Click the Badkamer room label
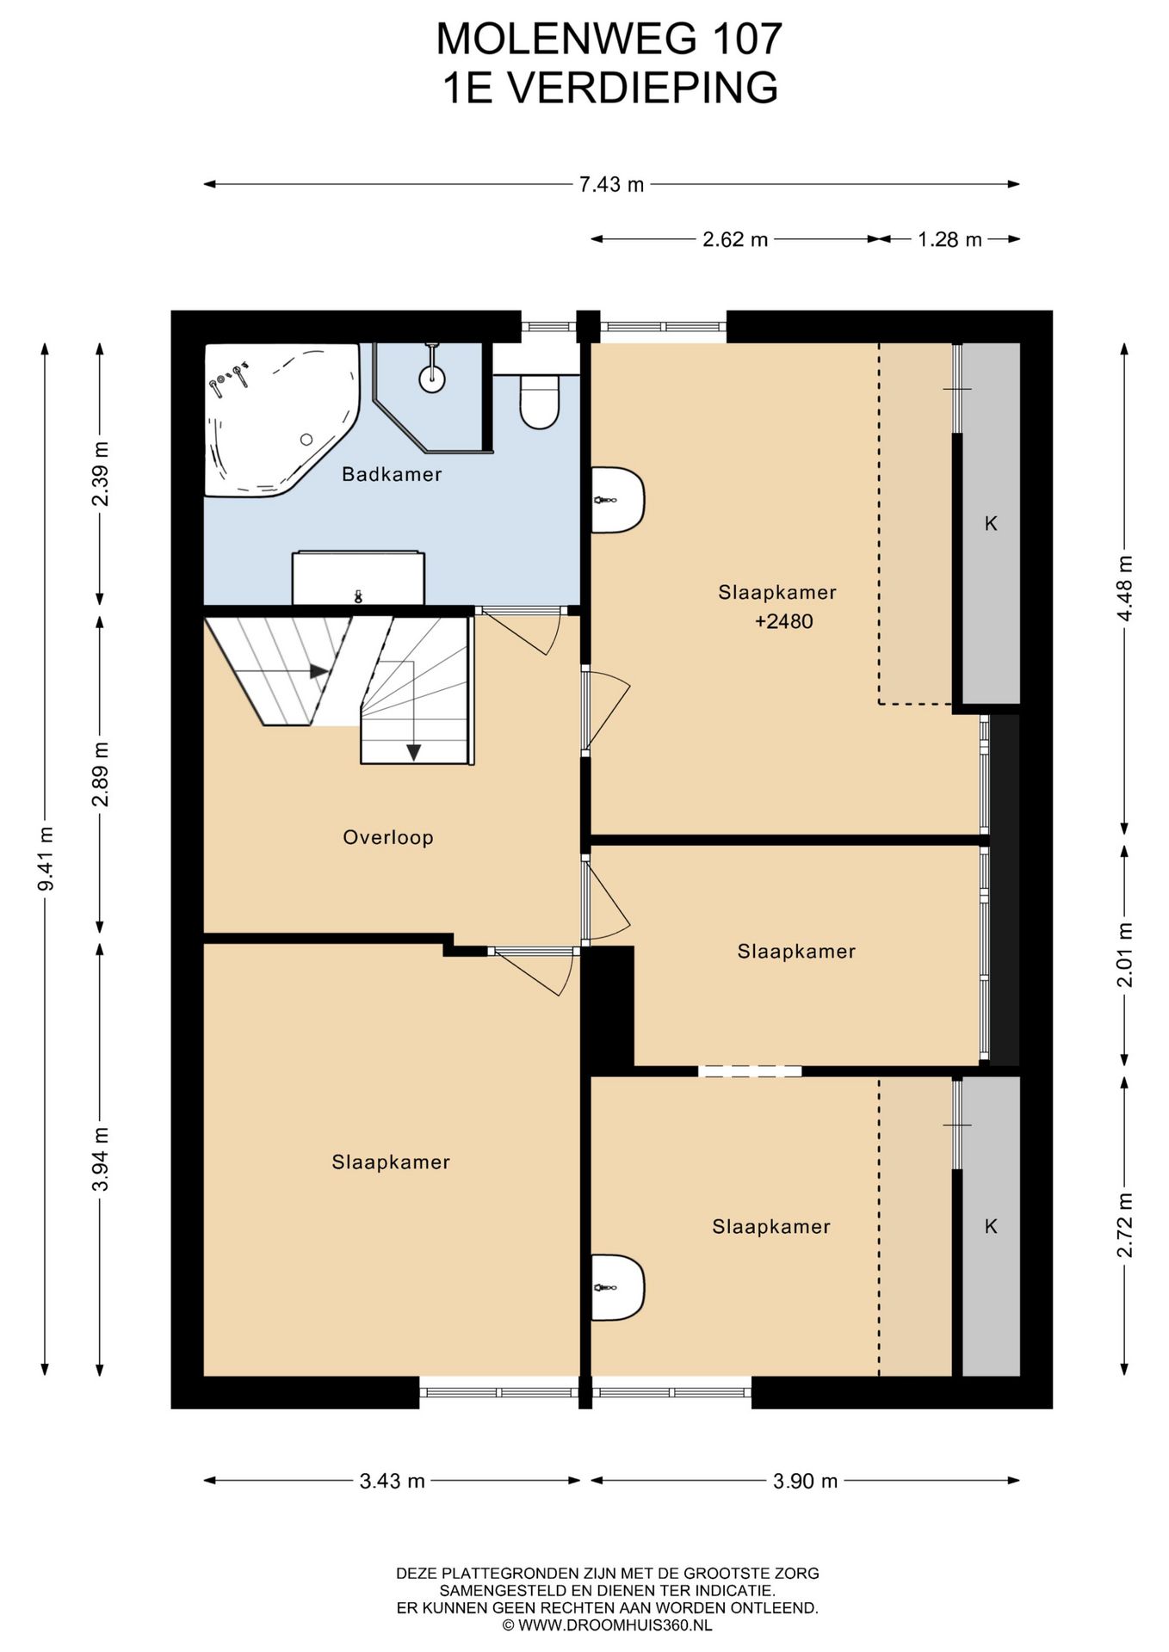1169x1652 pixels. click(392, 474)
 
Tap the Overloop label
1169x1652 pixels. click(388, 837)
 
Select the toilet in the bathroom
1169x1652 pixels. click(540, 401)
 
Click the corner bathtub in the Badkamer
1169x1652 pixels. click(281, 419)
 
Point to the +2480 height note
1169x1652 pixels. click(783, 621)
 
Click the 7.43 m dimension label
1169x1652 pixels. click(611, 184)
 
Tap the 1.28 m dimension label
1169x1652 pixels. click(949, 239)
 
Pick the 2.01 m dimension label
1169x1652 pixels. click(1124, 955)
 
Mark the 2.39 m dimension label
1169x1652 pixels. click(101, 473)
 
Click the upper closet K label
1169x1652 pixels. click(991, 523)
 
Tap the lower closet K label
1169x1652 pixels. click(991, 1226)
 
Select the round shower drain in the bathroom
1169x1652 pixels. click(432, 377)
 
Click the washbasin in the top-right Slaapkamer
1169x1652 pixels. click(618, 500)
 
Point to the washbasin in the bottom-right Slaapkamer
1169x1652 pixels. click(618, 1287)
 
